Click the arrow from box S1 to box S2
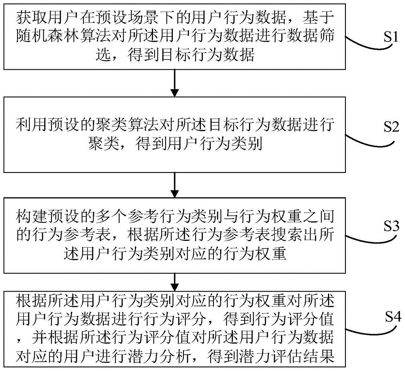coord(174,83)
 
